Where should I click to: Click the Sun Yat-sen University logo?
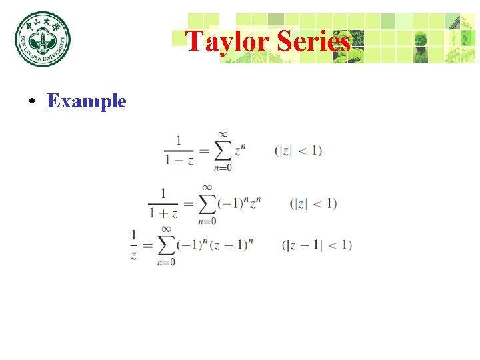(43, 39)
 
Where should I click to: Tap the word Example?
(87, 101)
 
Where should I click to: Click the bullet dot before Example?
(31, 102)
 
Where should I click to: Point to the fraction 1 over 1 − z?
(179, 151)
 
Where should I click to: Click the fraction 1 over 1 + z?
(163, 203)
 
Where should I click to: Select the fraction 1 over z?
(134, 245)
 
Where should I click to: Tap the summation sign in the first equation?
(223, 151)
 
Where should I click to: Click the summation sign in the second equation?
(207, 203)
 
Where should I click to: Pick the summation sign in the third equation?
(167, 245)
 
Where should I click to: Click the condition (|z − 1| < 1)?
(317, 245)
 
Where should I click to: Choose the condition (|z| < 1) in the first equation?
(298, 151)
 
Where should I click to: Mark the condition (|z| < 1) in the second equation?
(313, 203)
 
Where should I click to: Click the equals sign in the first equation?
(203, 151)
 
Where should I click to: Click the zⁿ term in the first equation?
(241, 149)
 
